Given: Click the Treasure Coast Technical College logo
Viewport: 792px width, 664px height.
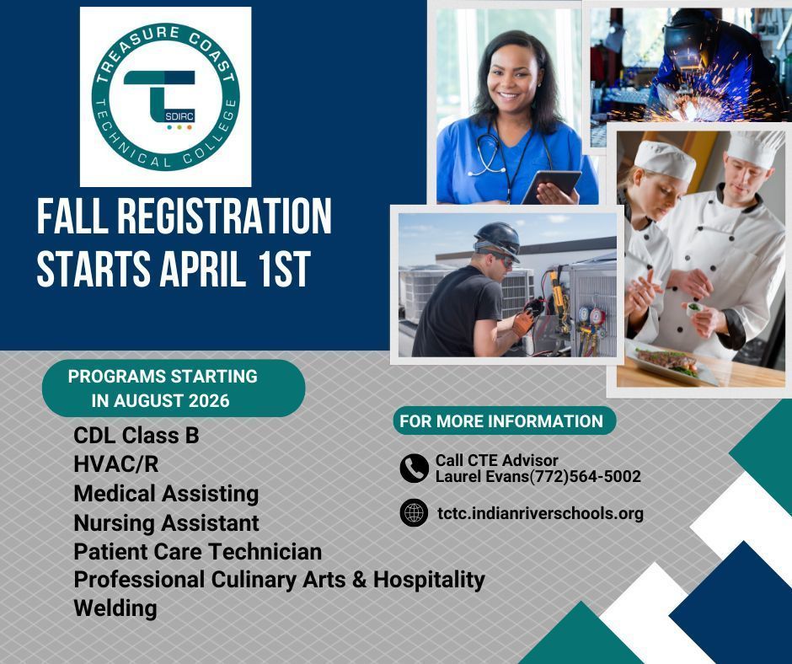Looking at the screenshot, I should coord(165,96).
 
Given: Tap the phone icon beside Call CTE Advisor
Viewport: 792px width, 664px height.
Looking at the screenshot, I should coord(414,469).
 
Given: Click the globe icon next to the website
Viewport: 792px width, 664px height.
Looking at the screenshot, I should coord(414,512).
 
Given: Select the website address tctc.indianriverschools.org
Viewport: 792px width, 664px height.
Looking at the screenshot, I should coord(540,513).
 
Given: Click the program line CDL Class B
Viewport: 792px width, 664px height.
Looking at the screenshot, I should coord(136,436).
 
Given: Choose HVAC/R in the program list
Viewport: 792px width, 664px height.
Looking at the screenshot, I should coord(115,464).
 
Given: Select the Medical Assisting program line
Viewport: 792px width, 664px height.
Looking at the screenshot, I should coord(166,493).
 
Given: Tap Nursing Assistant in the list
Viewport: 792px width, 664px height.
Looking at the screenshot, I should coord(166,522).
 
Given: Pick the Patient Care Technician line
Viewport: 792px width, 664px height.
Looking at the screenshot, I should coord(197,552).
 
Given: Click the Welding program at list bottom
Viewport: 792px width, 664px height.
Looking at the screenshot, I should coord(115,608).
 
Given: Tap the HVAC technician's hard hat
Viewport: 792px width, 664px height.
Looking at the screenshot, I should coord(497,238).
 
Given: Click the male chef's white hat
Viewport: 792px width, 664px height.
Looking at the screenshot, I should coord(753,147).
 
